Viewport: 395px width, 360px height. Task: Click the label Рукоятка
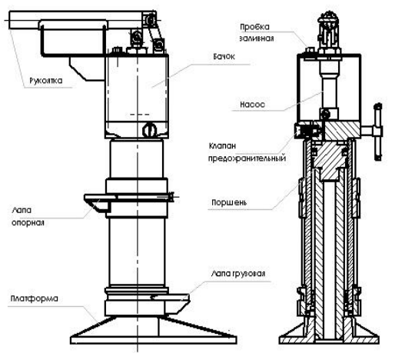point(46,81)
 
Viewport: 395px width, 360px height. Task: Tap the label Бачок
point(224,56)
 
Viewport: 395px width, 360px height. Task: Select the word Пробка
point(254,27)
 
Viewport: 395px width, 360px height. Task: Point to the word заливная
point(257,38)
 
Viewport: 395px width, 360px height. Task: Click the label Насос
point(252,105)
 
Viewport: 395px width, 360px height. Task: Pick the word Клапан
point(222,146)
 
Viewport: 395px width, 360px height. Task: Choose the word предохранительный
point(247,158)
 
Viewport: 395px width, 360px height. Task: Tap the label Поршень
point(229,202)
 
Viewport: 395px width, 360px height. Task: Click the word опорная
point(28,222)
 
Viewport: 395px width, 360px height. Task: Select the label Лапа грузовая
point(238,273)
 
